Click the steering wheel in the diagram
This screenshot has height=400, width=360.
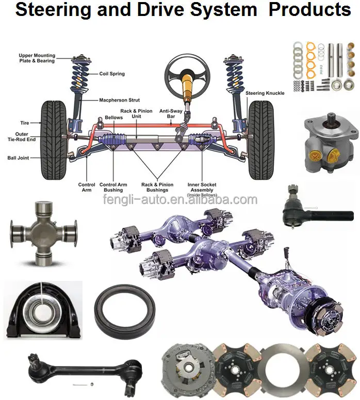point(187,75)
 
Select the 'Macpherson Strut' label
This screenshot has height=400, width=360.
point(119,100)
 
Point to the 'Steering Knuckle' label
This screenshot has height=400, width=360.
point(264,93)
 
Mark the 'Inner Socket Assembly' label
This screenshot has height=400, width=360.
point(202,187)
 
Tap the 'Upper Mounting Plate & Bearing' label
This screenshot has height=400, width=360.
point(37,58)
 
